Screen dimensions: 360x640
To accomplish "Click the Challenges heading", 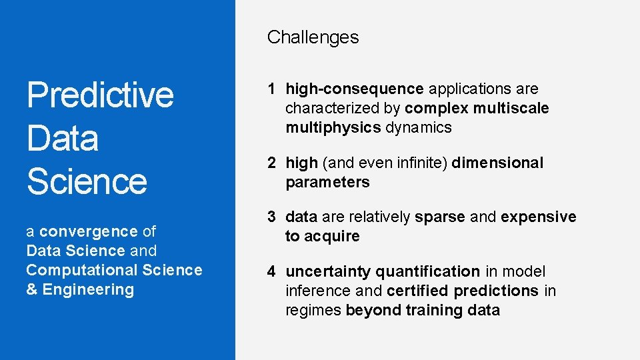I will click(x=313, y=37).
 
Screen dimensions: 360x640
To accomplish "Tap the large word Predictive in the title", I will click(x=100, y=95).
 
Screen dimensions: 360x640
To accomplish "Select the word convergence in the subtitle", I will click(x=88, y=231).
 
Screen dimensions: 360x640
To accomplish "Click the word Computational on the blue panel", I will click(x=73, y=270).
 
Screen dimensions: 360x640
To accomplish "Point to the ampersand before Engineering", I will click(x=31, y=289).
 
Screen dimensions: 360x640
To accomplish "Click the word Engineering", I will click(x=88, y=289).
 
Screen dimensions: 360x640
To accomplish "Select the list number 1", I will click(x=272, y=89).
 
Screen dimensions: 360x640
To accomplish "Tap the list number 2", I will click(x=272, y=163).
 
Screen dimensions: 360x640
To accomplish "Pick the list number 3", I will click(x=272, y=217).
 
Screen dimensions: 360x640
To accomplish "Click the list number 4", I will click(x=272, y=271).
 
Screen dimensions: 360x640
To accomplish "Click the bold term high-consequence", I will click(x=355, y=89).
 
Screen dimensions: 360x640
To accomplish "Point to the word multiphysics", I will click(x=333, y=127).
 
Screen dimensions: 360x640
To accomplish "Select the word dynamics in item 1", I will click(x=418, y=127).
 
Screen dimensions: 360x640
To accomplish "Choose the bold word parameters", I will click(x=327, y=182).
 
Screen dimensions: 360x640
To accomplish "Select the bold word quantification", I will click(x=427, y=271).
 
